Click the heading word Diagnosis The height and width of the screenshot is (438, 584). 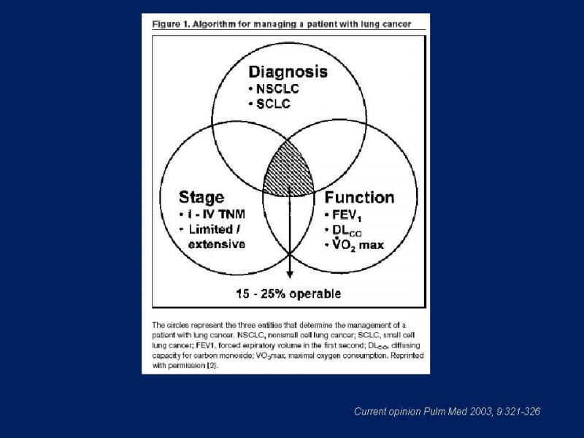(288, 72)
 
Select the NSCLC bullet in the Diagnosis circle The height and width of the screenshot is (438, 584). (274, 89)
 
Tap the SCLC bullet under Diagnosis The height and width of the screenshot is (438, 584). (269, 104)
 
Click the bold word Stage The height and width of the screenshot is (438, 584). (201, 197)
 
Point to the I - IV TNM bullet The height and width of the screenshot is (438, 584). (212, 214)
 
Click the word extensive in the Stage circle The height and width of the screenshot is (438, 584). (217, 245)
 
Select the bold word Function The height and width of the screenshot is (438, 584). (359, 197)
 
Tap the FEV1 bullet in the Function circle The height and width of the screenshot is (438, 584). (343, 215)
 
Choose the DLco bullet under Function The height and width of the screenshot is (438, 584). (343, 231)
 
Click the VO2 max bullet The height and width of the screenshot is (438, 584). (354, 245)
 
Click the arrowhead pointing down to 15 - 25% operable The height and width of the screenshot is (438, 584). (290, 275)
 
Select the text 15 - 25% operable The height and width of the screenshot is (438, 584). (288, 294)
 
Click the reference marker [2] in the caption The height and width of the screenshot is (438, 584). (212, 366)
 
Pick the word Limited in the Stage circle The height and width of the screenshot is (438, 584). (211, 229)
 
